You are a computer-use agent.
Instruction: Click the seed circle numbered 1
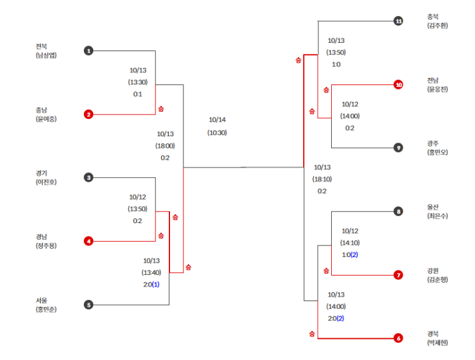pyautogui.click(x=89, y=51)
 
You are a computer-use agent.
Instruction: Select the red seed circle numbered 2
pyautogui.click(x=89, y=114)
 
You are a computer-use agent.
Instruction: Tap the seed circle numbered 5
pyautogui.click(x=89, y=304)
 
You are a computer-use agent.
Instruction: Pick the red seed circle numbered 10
pyautogui.click(x=398, y=84)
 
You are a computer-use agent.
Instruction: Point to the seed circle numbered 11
pyautogui.click(x=398, y=21)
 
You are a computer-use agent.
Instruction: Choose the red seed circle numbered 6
pyautogui.click(x=398, y=338)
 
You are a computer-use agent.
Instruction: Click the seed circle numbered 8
pyautogui.click(x=398, y=212)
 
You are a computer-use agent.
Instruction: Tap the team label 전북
pyautogui.click(x=42, y=46)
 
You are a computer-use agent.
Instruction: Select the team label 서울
pyautogui.click(x=42, y=300)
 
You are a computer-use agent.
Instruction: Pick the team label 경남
pyautogui.click(x=42, y=237)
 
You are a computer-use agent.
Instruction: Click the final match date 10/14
pyautogui.click(x=217, y=120)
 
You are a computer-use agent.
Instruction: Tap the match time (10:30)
pyautogui.click(x=217, y=132)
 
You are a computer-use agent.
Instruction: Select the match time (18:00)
pyautogui.click(x=165, y=145)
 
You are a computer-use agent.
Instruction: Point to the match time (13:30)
pyautogui.click(x=137, y=82)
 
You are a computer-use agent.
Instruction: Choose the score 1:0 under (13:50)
pyautogui.click(x=336, y=65)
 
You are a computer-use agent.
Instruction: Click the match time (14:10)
pyautogui.click(x=350, y=243)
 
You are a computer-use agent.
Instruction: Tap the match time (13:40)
pyautogui.click(x=152, y=272)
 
